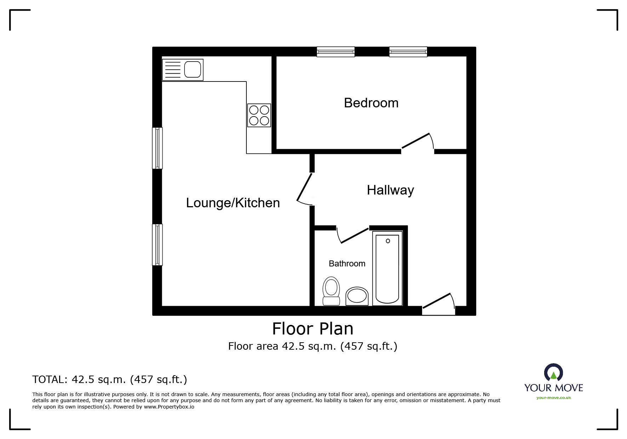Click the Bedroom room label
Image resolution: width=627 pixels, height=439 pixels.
point(371,103)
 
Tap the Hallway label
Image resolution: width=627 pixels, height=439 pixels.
point(390,190)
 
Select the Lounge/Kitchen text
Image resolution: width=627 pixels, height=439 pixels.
point(233,203)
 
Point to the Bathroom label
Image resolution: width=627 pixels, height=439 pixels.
point(347,264)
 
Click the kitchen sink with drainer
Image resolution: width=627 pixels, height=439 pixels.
point(183,69)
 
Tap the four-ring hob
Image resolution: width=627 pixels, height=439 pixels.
point(259,115)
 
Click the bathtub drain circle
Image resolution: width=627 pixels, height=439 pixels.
point(388,241)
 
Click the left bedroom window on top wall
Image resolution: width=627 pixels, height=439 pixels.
point(336,52)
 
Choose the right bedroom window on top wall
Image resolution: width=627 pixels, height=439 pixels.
point(408,52)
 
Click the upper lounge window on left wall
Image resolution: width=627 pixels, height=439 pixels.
point(158,148)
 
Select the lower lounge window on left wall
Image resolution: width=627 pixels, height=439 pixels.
point(158,244)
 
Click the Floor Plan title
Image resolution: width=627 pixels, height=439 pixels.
point(313,329)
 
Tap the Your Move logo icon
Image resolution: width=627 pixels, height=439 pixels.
point(553,373)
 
